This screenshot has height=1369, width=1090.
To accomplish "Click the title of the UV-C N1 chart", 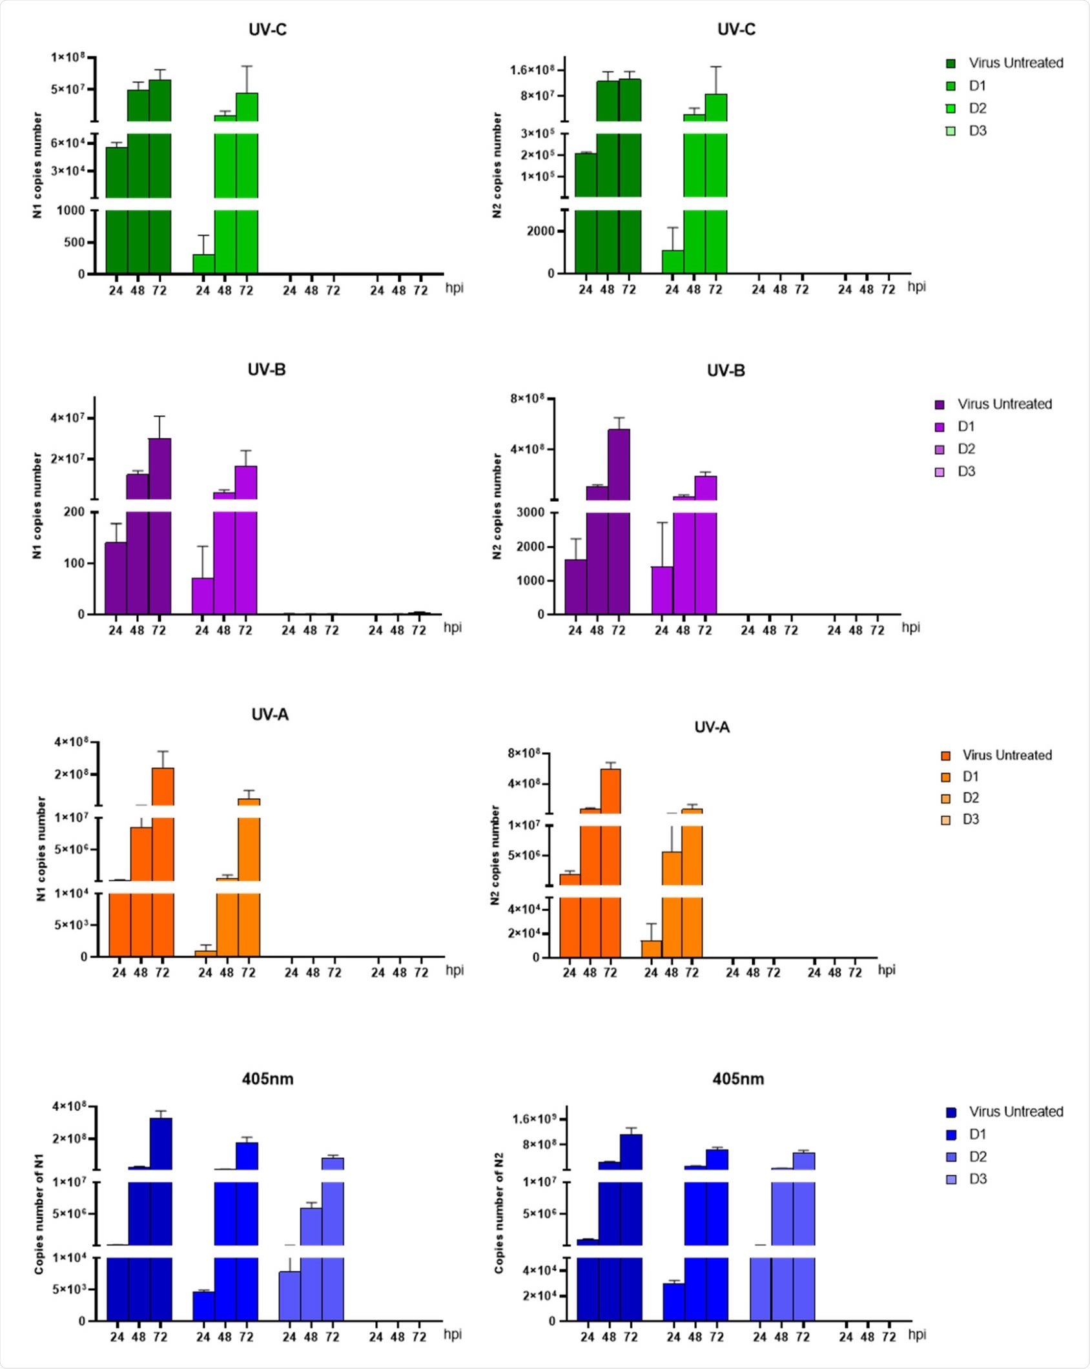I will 267,30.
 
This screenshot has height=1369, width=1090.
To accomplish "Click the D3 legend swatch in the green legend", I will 951,131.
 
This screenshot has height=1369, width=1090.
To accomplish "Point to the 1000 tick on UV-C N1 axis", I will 70,211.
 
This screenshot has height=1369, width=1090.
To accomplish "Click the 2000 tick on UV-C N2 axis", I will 540,231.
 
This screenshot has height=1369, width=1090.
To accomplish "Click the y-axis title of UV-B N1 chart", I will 37,506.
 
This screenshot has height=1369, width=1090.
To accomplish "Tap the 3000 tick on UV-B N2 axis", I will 530,513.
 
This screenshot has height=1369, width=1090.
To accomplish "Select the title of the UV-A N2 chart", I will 712,727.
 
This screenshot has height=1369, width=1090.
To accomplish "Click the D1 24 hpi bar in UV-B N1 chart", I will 203,595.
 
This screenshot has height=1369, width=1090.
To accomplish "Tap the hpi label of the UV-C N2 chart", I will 916,287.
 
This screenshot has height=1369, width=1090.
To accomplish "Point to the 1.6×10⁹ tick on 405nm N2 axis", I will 534,1118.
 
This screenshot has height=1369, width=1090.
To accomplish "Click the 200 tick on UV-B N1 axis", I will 74,512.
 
